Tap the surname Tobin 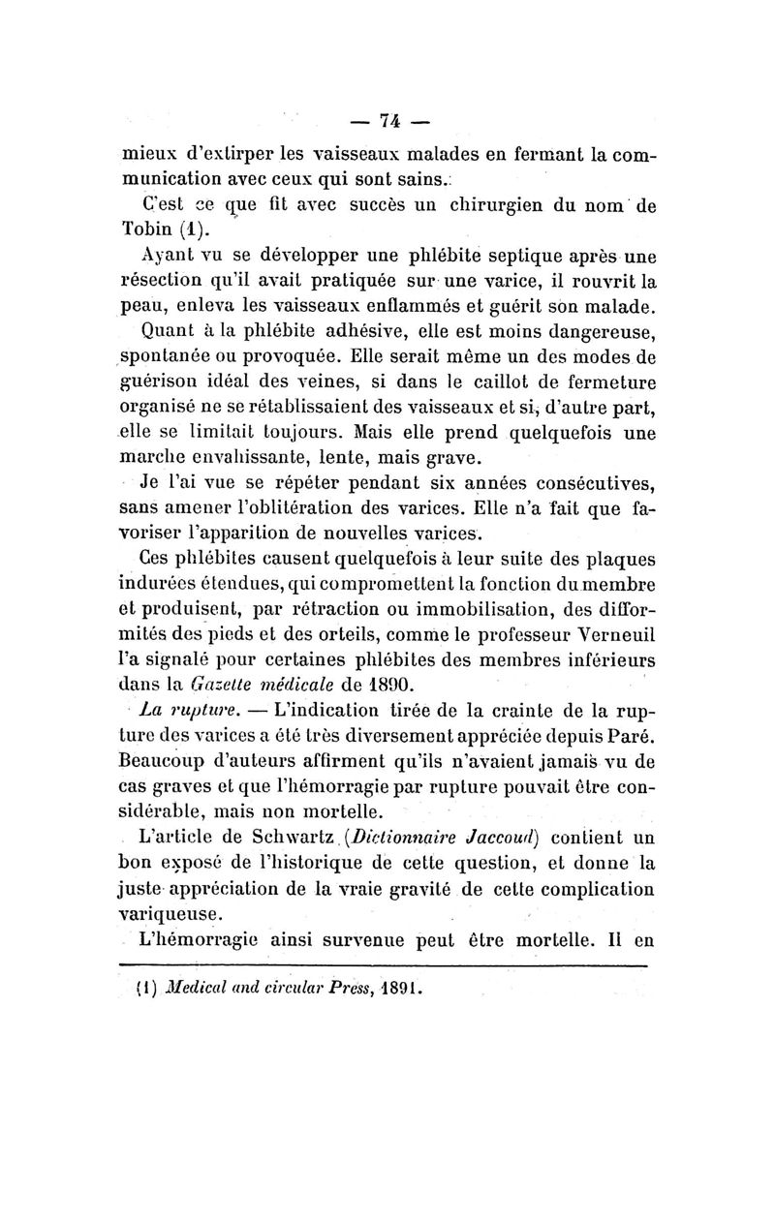[x=147, y=232]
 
